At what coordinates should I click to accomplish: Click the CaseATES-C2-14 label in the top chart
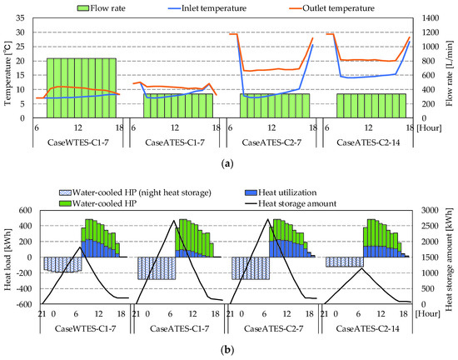pos(371,144)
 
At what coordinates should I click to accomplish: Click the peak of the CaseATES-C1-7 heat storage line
pos(173,221)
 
